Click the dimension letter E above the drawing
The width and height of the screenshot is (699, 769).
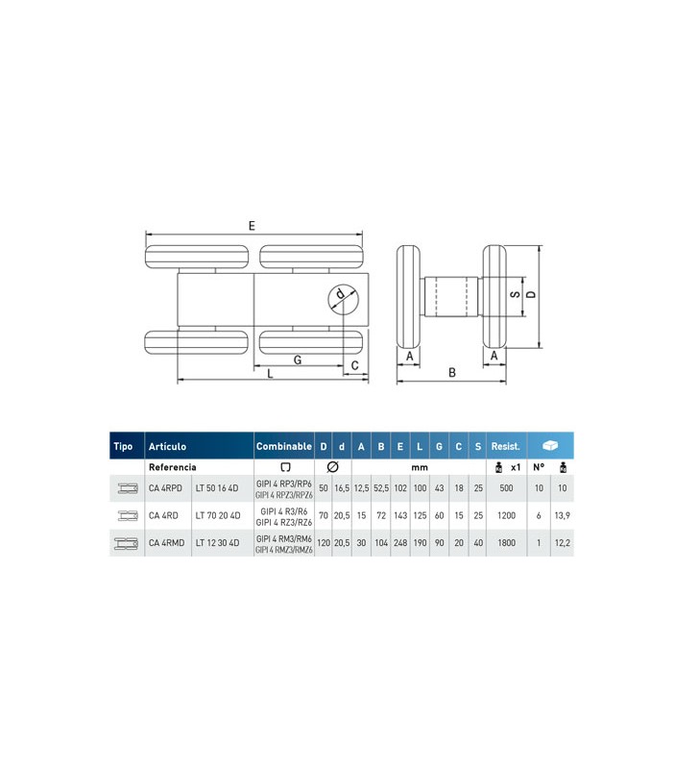point(252,226)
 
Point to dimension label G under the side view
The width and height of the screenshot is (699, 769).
point(298,360)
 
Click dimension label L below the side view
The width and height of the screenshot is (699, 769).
point(270,374)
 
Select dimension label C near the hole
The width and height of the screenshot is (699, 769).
point(354,365)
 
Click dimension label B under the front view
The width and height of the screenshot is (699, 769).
point(452,373)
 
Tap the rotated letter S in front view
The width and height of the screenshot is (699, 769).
point(515,294)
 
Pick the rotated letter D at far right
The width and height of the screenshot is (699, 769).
point(531,294)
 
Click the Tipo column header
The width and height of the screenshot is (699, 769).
point(123,446)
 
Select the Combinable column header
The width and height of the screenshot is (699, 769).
point(283,446)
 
